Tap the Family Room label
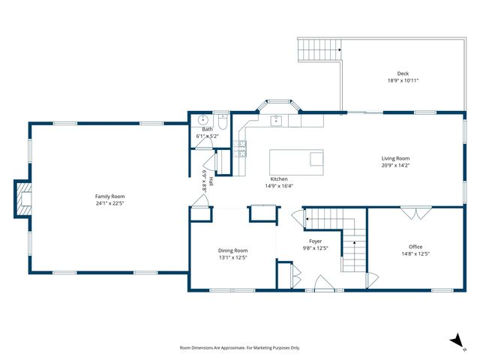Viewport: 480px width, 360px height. click(109, 196)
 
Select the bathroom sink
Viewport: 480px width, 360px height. click(202, 119)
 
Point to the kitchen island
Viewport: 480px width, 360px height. click(296, 161)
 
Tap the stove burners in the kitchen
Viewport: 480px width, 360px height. click(241, 148)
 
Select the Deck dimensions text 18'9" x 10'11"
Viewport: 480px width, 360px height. click(403, 80)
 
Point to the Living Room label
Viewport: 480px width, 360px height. click(395, 158)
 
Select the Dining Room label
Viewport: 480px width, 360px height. click(232, 250)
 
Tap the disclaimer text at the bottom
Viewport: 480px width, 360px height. click(240, 348)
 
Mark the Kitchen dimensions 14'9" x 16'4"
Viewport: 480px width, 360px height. click(279, 186)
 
